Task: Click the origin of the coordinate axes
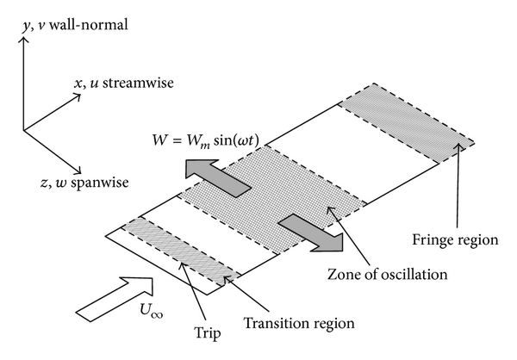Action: coord(24,130)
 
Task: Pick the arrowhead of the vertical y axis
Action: coord(24,40)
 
